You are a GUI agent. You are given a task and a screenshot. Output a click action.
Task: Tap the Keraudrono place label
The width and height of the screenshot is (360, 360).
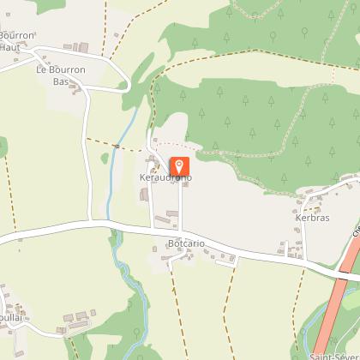tap(165, 177)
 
